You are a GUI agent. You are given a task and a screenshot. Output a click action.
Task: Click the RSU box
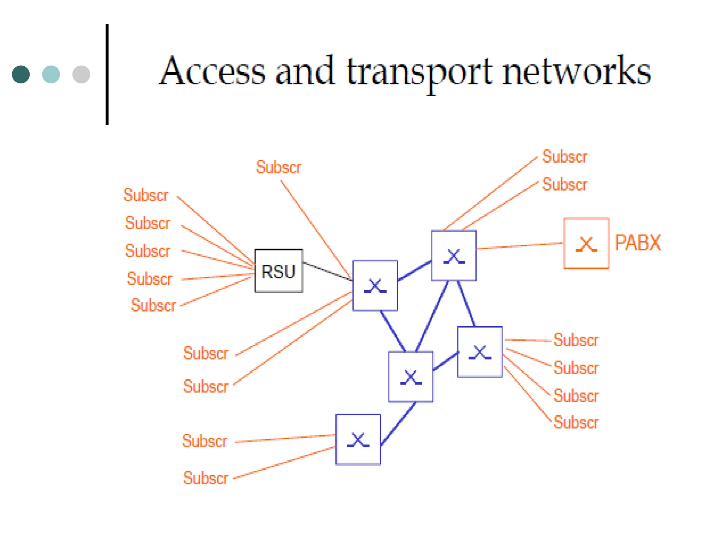(279, 271)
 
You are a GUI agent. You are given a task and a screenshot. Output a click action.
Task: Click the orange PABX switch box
(586, 243)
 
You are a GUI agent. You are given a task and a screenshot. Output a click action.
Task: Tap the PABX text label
(637, 243)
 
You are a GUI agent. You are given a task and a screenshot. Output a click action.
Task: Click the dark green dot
(21, 74)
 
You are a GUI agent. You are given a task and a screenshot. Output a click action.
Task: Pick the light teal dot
(51, 74)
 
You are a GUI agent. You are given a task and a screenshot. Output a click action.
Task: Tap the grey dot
(81, 74)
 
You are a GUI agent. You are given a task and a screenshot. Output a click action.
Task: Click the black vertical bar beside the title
(107, 74)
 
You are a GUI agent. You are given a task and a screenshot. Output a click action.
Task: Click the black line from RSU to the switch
(327, 271)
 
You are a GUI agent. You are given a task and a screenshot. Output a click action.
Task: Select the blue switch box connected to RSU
(375, 285)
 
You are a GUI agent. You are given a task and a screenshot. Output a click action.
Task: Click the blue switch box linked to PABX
(454, 256)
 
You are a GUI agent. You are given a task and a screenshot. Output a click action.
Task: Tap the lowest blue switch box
(358, 439)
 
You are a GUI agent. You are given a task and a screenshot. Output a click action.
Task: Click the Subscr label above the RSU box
(278, 167)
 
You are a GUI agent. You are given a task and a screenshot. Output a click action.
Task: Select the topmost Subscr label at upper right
(564, 157)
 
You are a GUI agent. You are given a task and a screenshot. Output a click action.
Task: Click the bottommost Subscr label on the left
(206, 478)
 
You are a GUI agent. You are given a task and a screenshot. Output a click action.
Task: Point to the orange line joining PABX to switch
(519, 246)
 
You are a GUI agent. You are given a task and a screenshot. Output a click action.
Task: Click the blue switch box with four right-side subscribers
(480, 352)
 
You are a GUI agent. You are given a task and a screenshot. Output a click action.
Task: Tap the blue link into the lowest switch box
(398, 424)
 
